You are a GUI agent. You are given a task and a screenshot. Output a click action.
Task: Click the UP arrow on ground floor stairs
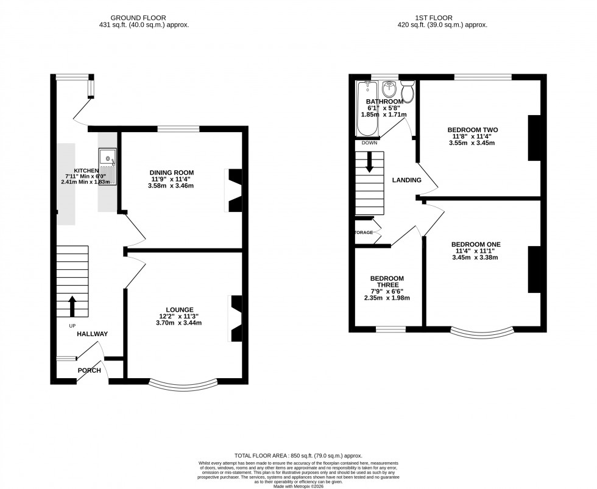[x=72, y=306]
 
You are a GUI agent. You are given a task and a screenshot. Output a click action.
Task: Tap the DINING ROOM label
[x=171, y=172]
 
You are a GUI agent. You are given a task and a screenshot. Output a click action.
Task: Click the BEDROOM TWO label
[x=473, y=130]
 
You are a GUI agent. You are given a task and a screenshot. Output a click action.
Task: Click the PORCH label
[x=89, y=370]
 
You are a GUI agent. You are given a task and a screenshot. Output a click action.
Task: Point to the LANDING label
[x=406, y=180]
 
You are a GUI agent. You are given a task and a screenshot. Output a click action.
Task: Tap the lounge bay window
[x=183, y=384]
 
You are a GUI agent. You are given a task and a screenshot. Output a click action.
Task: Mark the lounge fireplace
[x=235, y=318]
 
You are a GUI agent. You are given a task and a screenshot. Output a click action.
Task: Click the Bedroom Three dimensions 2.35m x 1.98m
[x=387, y=298]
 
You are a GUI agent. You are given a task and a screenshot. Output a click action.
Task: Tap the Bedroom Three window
[x=391, y=329]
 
